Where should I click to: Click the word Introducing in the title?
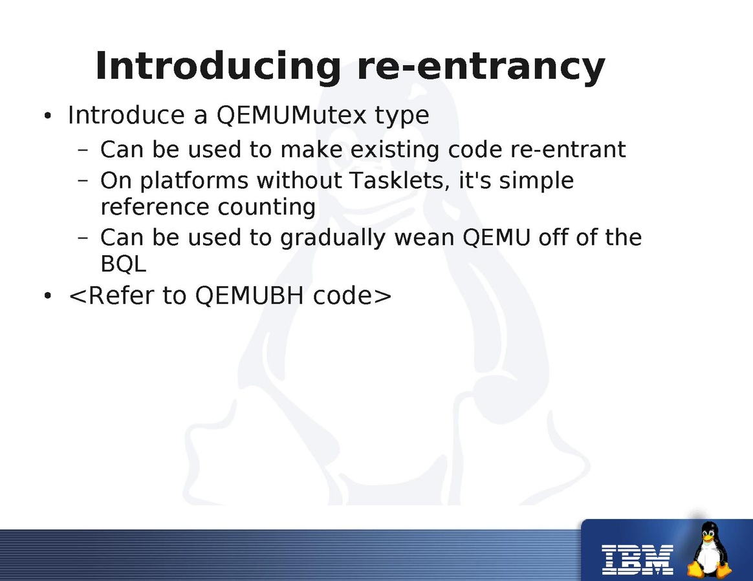[218, 67]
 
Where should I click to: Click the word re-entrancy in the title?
[481, 67]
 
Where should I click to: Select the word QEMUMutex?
[292, 115]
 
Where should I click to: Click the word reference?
[155, 207]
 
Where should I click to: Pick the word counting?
[267, 208]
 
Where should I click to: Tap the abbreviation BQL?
[124, 264]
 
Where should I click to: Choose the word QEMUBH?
[249, 295]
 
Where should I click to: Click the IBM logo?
[637, 560]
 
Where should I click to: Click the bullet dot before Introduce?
[47, 116]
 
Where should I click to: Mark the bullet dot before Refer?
[47, 296]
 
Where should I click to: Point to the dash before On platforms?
[83, 181]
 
